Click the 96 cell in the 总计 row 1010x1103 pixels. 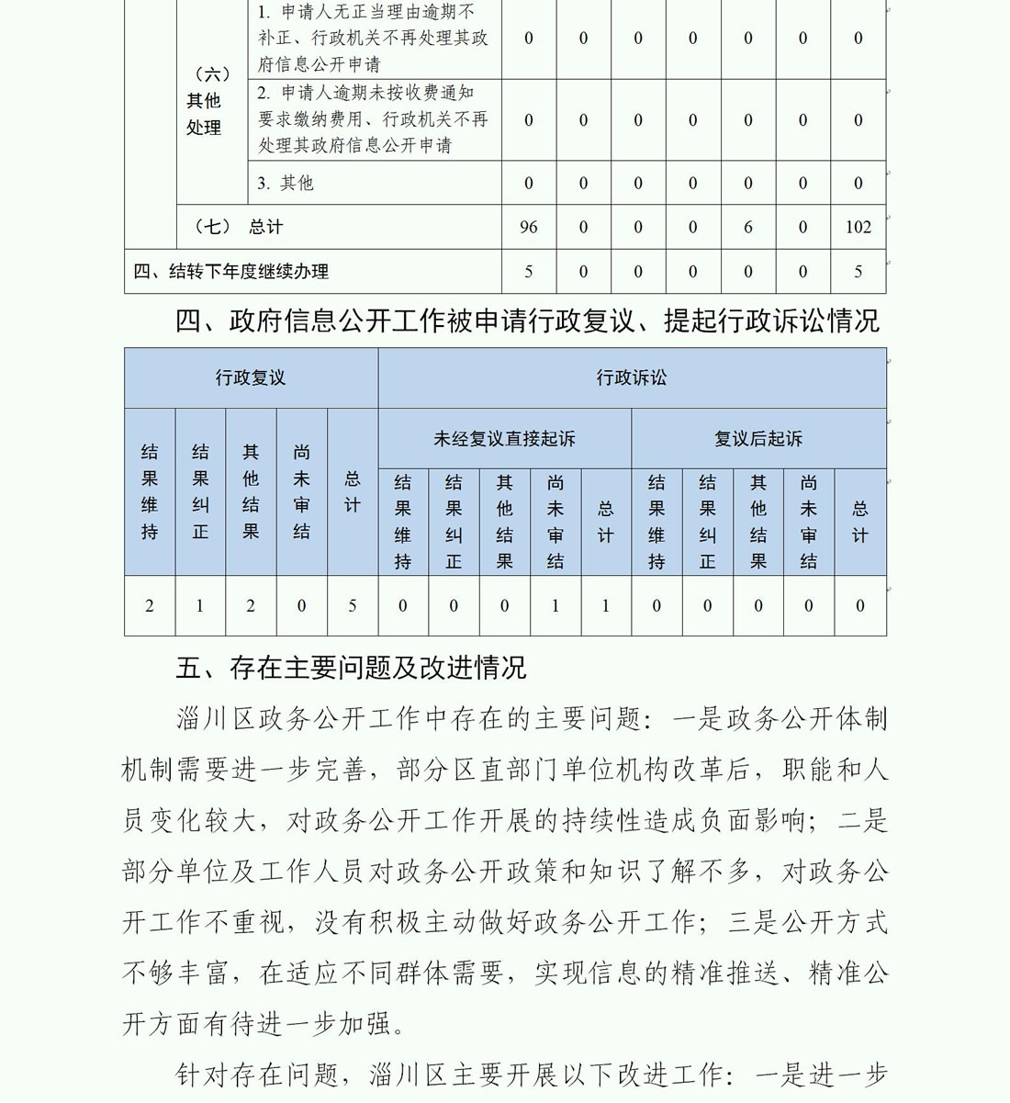click(x=528, y=227)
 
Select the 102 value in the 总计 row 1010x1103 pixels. click(x=858, y=227)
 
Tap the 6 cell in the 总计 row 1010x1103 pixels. click(x=747, y=227)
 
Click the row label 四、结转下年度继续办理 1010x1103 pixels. click(x=230, y=272)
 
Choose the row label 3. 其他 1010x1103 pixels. click(x=286, y=183)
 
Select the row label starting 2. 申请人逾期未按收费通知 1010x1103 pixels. click(x=373, y=119)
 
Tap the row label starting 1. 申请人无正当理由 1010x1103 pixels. click(x=373, y=39)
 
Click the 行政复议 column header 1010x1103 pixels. click(x=251, y=377)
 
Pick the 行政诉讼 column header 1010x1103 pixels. click(x=632, y=377)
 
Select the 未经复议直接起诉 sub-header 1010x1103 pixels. click(x=504, y=439)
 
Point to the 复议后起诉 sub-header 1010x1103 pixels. click(x=758, y=439)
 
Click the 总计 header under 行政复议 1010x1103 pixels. click(x=353, y=492)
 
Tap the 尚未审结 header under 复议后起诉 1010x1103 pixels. click(x=809, y=522)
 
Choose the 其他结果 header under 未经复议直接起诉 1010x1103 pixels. click(x=504, y=522)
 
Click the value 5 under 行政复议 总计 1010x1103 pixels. click(x=353, y=606)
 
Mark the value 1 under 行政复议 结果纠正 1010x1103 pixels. click(x=200, y=606)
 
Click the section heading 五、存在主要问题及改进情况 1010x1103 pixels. click(x=351, y=668)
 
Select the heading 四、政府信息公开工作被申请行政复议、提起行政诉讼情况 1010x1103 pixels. click(x=527, y=321)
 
